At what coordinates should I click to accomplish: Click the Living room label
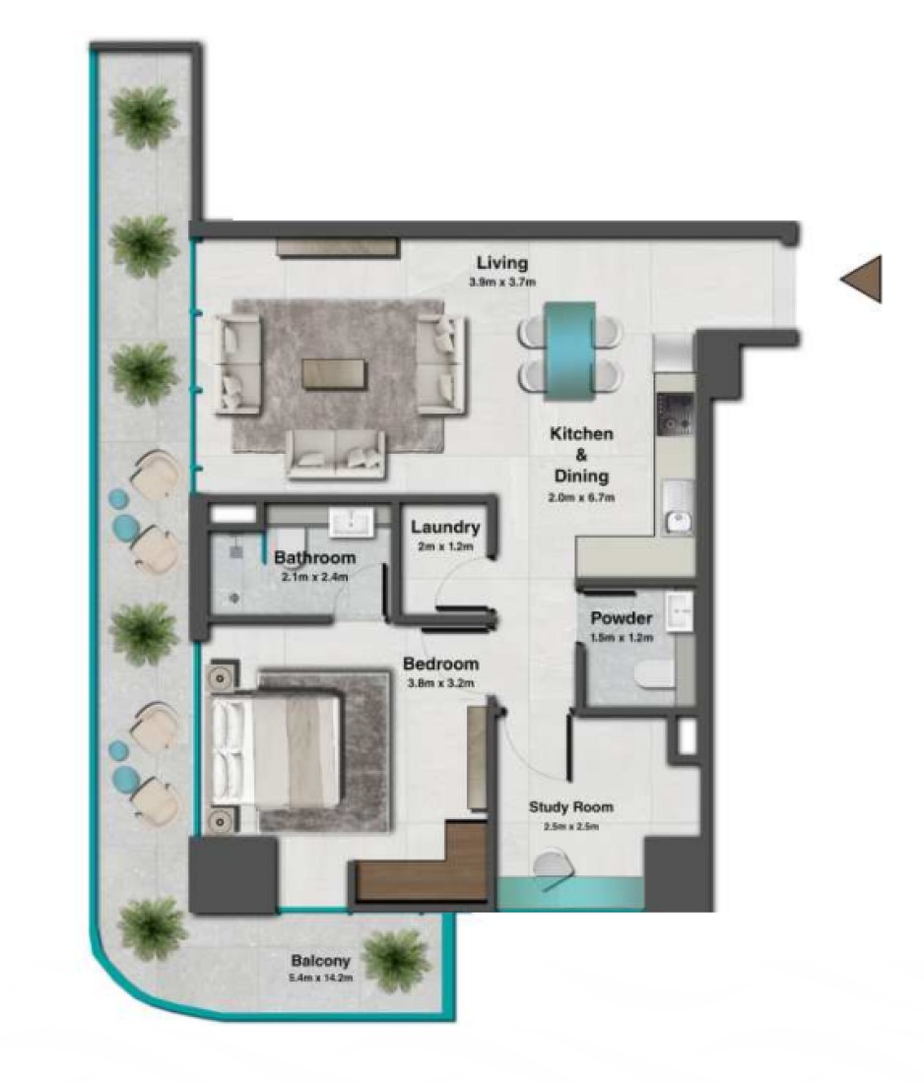point(502,263)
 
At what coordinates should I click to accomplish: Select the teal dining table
point(570,350)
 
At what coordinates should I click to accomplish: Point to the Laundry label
point(446,527)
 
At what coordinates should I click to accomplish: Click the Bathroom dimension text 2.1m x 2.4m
point(314,577)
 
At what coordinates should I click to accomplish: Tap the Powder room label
point(622,618)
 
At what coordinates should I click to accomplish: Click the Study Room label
point(570,806)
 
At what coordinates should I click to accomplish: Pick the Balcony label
point(321,960)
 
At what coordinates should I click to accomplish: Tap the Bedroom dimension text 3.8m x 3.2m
point(441,683)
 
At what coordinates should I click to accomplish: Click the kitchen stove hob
point(675,414)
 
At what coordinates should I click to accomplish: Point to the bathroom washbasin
point(351,522)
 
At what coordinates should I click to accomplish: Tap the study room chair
point(552,866)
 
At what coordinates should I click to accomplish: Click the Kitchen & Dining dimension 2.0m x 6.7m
point(581,497)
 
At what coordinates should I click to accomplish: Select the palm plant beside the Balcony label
point(396,960)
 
